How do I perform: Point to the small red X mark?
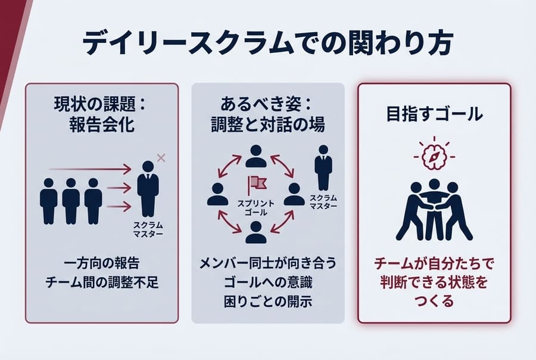coord(160,157)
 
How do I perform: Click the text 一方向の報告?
coord(101,263)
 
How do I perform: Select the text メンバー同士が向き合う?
coord(267,263)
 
